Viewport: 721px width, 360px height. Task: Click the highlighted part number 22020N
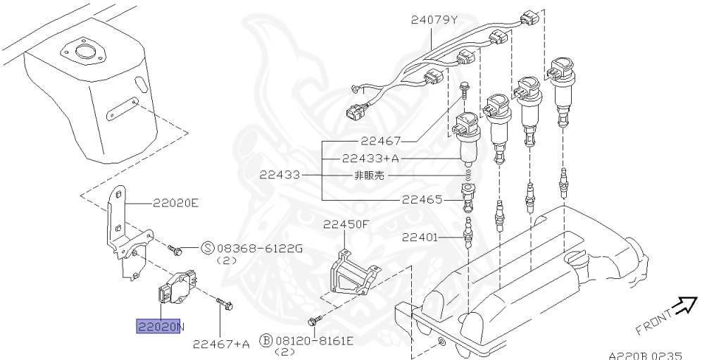pyautogui.click(x=160, y=326)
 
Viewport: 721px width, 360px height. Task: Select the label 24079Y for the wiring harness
pyautogui.click(x=434, y=20)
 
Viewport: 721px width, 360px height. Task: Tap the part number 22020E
pyautogui.click(x=176, y=204)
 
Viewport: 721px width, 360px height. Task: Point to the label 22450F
pyautogui.click(x=346, y=225)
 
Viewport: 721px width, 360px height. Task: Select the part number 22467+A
pyautogui.click(x=221, y=344)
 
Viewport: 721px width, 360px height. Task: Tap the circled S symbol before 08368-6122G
pyautogui.click(x=208, y=247)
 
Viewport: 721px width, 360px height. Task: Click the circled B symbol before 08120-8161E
pyautogui.click(x=266, y=341)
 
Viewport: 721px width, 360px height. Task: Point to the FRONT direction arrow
pyautogui.click(x=683, y=305)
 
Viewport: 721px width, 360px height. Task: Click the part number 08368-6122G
pyautogui.click(x=260, y=247)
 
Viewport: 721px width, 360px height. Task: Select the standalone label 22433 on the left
pyautogui.click(x=280, y=174)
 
